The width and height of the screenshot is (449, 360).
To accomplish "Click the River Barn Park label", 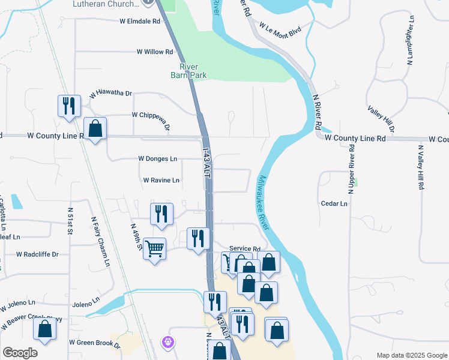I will pos(188,71).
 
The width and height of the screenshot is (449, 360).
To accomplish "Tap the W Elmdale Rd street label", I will pos(140,21).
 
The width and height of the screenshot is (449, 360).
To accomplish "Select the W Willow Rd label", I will pos(155,52).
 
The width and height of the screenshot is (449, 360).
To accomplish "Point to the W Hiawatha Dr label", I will pos(110,94).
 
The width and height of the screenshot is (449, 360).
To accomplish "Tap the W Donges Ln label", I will pos(157,159).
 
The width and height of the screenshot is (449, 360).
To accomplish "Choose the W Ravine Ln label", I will pos(161,180).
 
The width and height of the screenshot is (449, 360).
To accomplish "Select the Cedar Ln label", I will pos(334,204).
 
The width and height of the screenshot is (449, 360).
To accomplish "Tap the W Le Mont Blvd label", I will pos(279,30).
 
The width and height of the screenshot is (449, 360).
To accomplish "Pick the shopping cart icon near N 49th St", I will pos(154,247).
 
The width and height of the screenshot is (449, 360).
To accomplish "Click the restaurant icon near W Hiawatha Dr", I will pos(69,106).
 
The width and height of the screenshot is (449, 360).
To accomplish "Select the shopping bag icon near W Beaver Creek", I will pos(44,329).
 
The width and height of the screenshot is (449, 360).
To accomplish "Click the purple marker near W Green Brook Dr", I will pos(168,341).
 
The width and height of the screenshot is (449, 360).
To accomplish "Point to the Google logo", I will pos(20,353).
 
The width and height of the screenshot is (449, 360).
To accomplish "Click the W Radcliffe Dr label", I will pos(37,254).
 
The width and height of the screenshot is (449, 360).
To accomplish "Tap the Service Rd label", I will pos(245,249).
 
